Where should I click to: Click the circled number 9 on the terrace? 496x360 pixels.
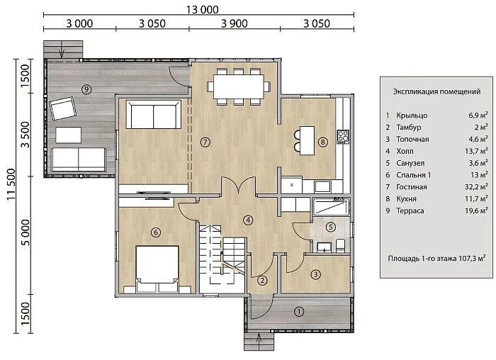click(x=86, y=89)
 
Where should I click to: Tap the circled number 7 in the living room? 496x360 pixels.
click(x=205, y=142)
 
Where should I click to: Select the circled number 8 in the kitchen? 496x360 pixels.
click(x=322, y=142)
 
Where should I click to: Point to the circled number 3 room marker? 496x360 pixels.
click(x=316, y=274)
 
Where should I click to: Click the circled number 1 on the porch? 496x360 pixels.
click(x=299, y=312)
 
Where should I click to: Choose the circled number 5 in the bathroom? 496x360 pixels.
click(x=331, y=227)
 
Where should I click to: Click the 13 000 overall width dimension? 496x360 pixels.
click(x=202, y=9)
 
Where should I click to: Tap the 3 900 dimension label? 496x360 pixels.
click(x=235, y=23)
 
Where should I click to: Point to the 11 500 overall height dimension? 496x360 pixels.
click(x=11, y=184)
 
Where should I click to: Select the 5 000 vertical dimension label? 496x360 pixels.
click(x=25, y=232)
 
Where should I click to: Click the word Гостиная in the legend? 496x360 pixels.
click(x=412, y=187)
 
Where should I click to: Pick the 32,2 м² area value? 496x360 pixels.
click(x=476, y=186)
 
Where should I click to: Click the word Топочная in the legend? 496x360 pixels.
click(x=412, y=139)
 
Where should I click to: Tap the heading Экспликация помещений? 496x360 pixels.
click(x=436, y=91)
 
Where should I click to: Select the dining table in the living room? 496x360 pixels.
click(x=239, y=86)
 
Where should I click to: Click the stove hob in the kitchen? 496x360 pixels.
click(x=343, y=137)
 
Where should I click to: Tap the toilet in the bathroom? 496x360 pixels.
click(x=340, y=246)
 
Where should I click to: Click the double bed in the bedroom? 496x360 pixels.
click(x=157, y=269)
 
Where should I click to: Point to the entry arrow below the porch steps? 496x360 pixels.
click(x=259, y=340)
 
